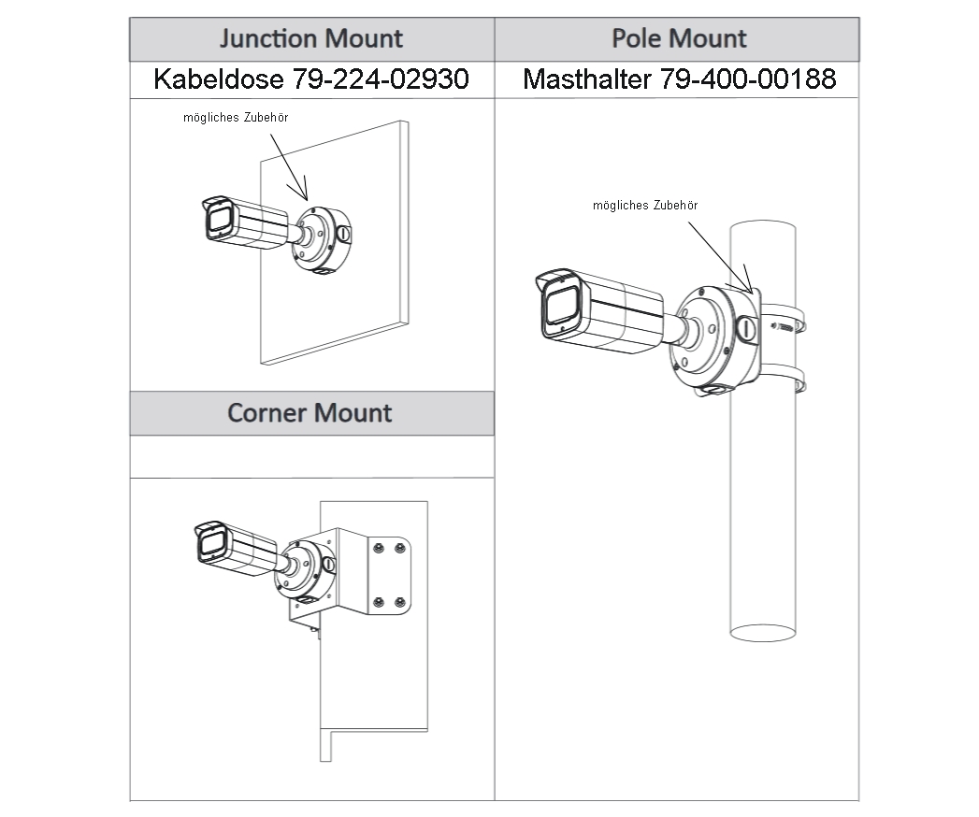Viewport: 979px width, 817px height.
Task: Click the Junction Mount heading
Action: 310,38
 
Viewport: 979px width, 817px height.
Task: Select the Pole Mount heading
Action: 679,38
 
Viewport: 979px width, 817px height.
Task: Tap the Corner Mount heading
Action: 310,412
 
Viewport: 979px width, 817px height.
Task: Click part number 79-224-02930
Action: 381,79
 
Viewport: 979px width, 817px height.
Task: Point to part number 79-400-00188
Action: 748,79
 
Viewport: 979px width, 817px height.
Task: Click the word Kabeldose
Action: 218,79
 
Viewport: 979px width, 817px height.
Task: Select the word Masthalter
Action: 587,79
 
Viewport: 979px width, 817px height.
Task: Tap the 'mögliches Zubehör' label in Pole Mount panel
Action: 645,205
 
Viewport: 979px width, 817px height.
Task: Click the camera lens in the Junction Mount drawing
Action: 221,221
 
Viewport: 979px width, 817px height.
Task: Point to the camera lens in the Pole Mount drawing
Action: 562,307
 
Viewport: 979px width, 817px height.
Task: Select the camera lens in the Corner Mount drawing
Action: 210,546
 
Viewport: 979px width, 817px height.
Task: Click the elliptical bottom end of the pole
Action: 762,633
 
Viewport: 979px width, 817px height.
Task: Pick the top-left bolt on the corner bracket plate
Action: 379,548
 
